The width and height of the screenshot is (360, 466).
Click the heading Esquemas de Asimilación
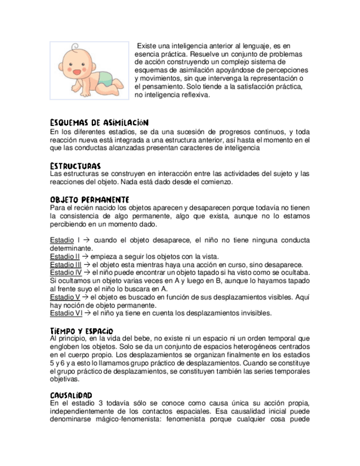[99, 123]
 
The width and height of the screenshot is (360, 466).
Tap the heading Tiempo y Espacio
[81, 330]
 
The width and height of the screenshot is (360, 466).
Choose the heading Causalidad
[71, 395]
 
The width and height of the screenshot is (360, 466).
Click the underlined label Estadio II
[64, 257]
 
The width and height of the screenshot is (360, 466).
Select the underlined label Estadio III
[65, 265]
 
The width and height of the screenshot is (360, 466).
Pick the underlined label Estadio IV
[65, 273]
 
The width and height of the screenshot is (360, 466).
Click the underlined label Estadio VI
[65, 313]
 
